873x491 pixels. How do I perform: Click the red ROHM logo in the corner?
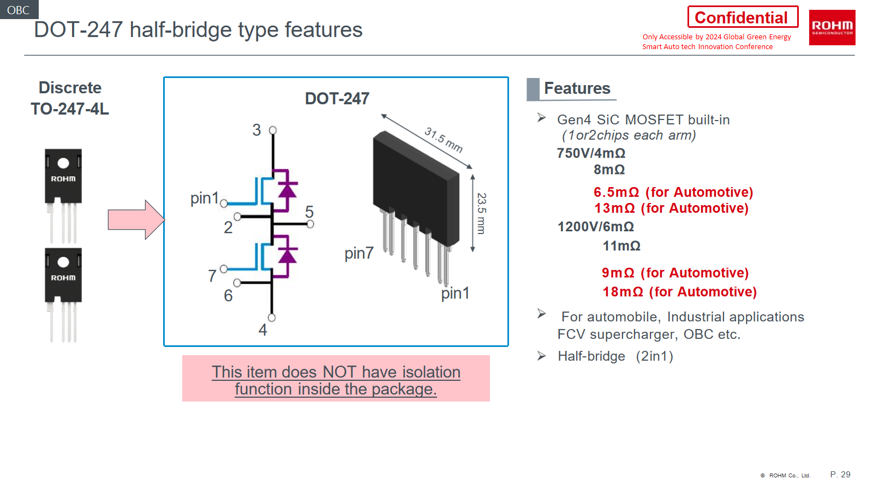[x=832, y=27]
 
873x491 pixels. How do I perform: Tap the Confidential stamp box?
[x=742, y=17]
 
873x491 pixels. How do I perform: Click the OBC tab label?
[x=19, y=10]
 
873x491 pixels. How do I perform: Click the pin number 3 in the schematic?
[x=256, y=130]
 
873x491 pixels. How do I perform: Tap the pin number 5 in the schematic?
[x=309, y=211]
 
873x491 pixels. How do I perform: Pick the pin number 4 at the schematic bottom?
[x=262, y=330]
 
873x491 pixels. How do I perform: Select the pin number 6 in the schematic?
[x=228, y=296]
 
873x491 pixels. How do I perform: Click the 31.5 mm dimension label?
[x=444, y=140]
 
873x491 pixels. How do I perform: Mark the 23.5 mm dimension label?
[x=481, y=213]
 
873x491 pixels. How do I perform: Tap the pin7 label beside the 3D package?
[x=358, y=253]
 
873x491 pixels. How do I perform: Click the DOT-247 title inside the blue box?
[x=337, y=99]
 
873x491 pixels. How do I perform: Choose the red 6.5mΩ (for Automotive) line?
[x=673, y=192]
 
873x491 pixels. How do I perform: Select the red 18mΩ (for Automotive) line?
[x=679, y=292]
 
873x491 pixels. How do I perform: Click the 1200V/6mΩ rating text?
[x=595, y=227]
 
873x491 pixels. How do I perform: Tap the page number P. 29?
[x=840, y=475]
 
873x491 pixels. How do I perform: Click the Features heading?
[x=577, y=88]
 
